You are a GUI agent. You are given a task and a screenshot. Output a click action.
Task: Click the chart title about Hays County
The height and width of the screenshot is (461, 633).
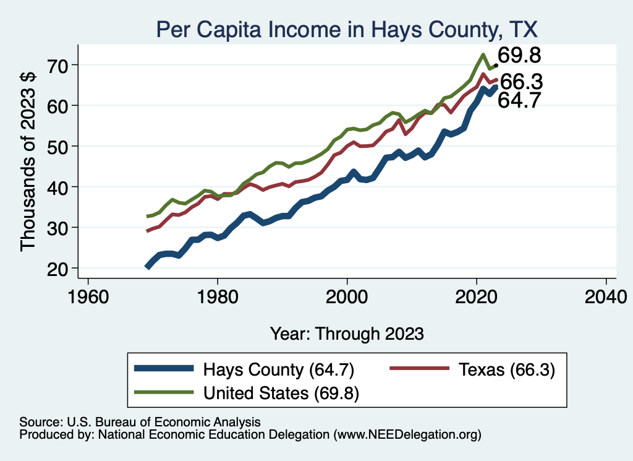click(x=347, y=29)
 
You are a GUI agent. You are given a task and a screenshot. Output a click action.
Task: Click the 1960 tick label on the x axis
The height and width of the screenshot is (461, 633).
click(x=88, y=296)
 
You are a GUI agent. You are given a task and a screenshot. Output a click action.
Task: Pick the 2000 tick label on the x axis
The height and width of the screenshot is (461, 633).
click(x=347, y=296)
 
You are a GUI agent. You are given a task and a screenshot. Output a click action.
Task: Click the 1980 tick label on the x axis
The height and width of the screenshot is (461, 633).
click(x=218, y=296)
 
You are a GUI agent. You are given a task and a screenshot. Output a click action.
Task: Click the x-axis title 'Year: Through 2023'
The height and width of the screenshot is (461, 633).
click(x=347, y=334)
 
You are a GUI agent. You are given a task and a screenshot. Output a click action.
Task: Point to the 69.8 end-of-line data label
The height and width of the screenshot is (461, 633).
click(x=520, y=56)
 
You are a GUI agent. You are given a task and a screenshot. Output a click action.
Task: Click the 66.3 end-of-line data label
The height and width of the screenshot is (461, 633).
click(x=521, y=82)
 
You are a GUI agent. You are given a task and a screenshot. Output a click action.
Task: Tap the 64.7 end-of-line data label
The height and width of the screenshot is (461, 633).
click(x=520, y=100)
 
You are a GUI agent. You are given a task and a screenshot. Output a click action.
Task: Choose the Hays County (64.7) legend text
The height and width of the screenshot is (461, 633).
click(x=278, y=370)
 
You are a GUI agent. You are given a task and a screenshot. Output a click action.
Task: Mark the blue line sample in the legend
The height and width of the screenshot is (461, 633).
click(x=164, y=369)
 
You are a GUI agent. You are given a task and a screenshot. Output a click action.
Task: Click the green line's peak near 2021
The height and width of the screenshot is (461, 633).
click(x=482, y=54)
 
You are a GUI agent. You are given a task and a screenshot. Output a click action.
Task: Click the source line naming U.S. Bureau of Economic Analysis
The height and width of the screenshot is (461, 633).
click(x=140, y=422)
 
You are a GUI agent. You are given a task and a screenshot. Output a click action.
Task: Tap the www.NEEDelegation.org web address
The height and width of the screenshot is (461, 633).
click(x=407, y=435)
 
